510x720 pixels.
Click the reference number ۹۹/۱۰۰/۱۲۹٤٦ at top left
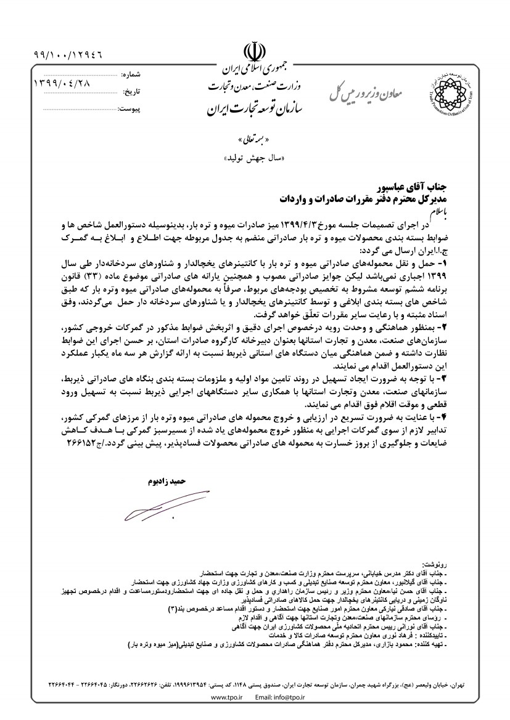tap(68, 54)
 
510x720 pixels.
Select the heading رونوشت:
tap(432, 563)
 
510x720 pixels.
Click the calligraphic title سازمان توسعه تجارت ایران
tap(254, 112)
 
